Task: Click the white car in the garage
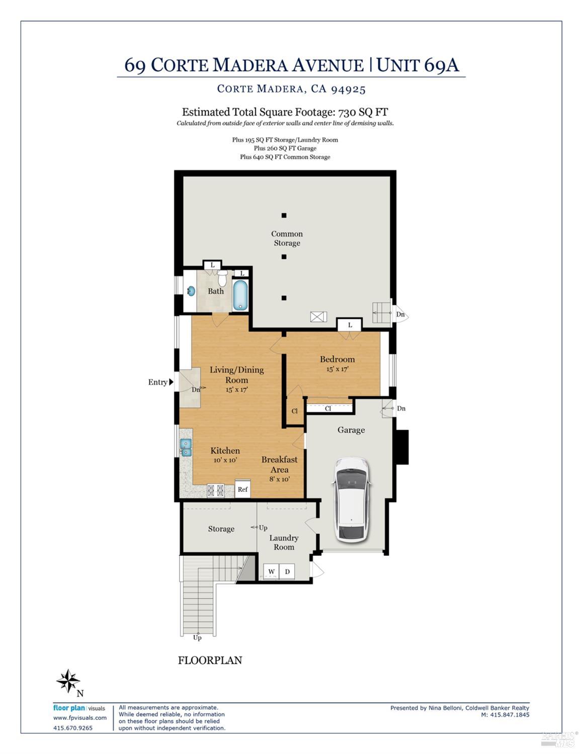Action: pos(352,498)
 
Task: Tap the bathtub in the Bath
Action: pos(240,295)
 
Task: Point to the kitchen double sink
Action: pos(186,447)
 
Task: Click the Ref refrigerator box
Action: pos(243,489)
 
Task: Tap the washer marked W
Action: pos(272,571)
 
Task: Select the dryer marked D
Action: pos(287,571)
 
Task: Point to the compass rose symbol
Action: pos(68,682)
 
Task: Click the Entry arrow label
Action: pos(160,382)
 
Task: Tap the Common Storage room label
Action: pos(287,238)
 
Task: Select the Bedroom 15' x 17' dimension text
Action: pos(337,369)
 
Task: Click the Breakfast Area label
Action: pos(279,464)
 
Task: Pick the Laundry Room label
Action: pos(284,542)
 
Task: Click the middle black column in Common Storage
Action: pos(284,257)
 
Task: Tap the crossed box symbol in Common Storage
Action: pos(318,317)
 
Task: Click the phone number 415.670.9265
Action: pos(73,728)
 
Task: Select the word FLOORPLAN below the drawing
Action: pos(210,660)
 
